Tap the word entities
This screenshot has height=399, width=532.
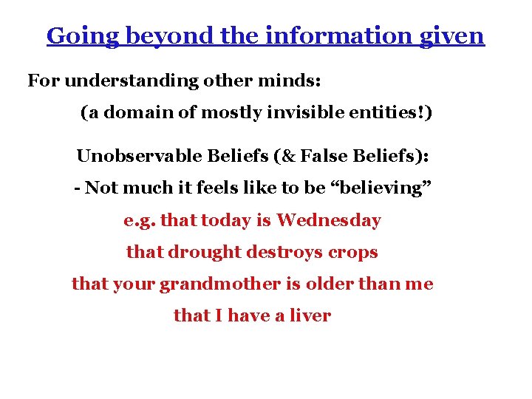tap(390, 113)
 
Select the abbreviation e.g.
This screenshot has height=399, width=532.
tap(140, 220)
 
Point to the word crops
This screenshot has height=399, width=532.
tap(352, 252)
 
